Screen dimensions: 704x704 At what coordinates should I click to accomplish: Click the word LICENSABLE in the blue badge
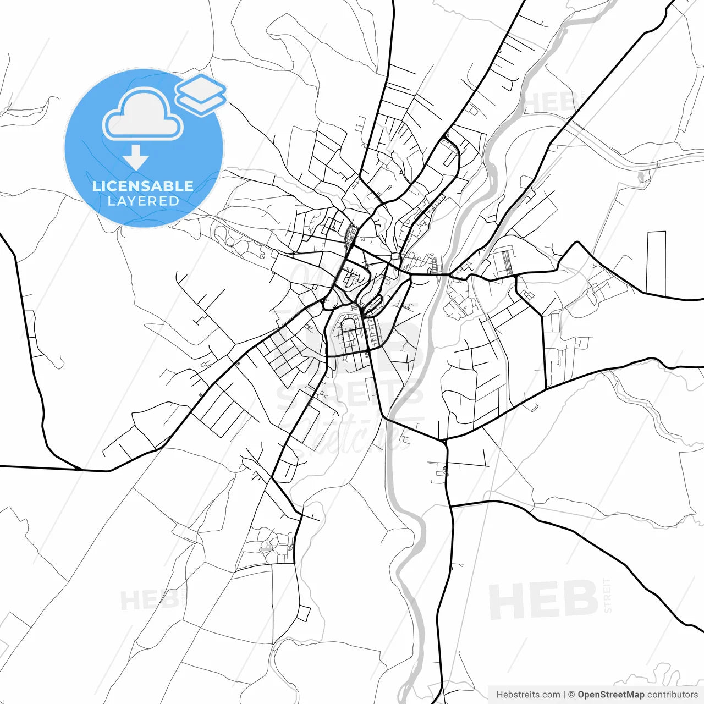click(143, 186)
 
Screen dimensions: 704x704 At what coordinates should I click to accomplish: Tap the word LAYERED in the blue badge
click(143, 201)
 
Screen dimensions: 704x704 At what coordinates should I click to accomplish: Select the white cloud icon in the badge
click(143, 114)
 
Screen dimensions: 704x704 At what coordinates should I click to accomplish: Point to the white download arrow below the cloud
click(136, 158)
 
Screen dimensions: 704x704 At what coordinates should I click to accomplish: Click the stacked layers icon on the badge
click(201, 94)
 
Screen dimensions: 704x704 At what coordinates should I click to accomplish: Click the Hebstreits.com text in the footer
click(528, 695)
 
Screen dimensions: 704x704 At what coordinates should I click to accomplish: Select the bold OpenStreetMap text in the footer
click(610, 695)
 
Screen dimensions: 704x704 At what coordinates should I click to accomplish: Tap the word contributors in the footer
click(672, 695)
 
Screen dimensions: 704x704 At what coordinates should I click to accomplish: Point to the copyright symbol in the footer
click(571, 695)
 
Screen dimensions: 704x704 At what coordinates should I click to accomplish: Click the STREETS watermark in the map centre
click(350, 394)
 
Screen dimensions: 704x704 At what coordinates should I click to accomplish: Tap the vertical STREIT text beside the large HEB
click(607, 595)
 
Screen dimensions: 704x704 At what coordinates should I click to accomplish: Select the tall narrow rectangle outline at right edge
click(656, 263)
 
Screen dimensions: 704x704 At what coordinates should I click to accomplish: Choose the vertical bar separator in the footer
click(564, 695)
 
